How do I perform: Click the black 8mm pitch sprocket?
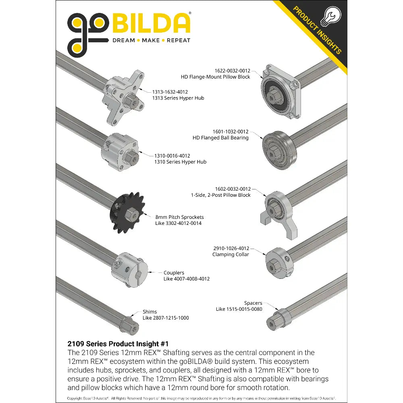(127, 213)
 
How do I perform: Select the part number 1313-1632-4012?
(170, 92)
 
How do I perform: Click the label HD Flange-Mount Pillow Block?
(215, 77)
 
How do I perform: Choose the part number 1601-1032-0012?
(231, 132)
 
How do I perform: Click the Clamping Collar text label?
(231, 254)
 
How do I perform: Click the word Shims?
(150, 312)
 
